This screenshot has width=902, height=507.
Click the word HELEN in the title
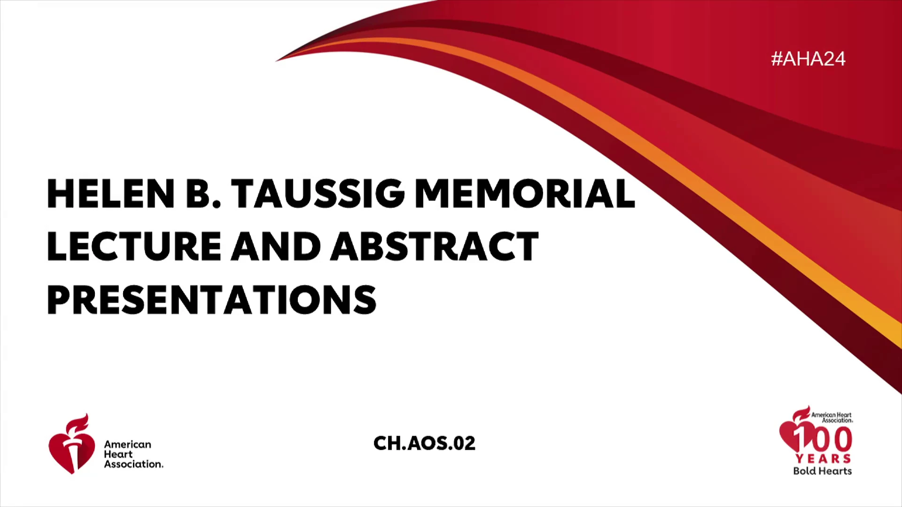pyautogui.click(x=111, y=193)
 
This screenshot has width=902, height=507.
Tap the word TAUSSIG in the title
pyautogui.click(x=318, y=193)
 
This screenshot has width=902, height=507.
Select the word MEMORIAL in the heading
pyautogui.click(x=525, y=193)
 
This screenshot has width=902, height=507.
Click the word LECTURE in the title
pyautogui.click(x=134, y=246)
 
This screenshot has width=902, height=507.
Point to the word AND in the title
pyautogui.click(x=276, y=246)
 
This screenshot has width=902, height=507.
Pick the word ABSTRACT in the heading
pyautogui.click(x=435, y=246)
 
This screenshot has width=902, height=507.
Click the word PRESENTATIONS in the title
pyautogui.click(x=211, y=300)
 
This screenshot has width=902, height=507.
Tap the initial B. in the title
pyautogui.click(x=203, y=193)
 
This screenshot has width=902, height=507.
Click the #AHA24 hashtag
pyautogui.click(x=808, y=59)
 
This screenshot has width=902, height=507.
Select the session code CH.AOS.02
pyautogui.click(x=424, y=443)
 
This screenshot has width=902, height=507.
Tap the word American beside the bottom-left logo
pyautogui.click(x=128, y=444)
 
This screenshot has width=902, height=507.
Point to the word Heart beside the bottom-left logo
pyautogui.click(x=118, y=454)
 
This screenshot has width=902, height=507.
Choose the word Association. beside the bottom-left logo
pyautogui.click(x=134, y=464)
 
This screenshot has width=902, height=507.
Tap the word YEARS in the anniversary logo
pyautogui.click(x=823, y=459)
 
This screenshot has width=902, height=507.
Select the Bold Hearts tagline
pyautogui.click(x=823, y=471)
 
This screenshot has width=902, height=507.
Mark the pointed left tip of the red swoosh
pyautogui.click(x=276, y=61)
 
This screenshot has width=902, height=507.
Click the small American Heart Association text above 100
pyautogui.click(x=832, y=417)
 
